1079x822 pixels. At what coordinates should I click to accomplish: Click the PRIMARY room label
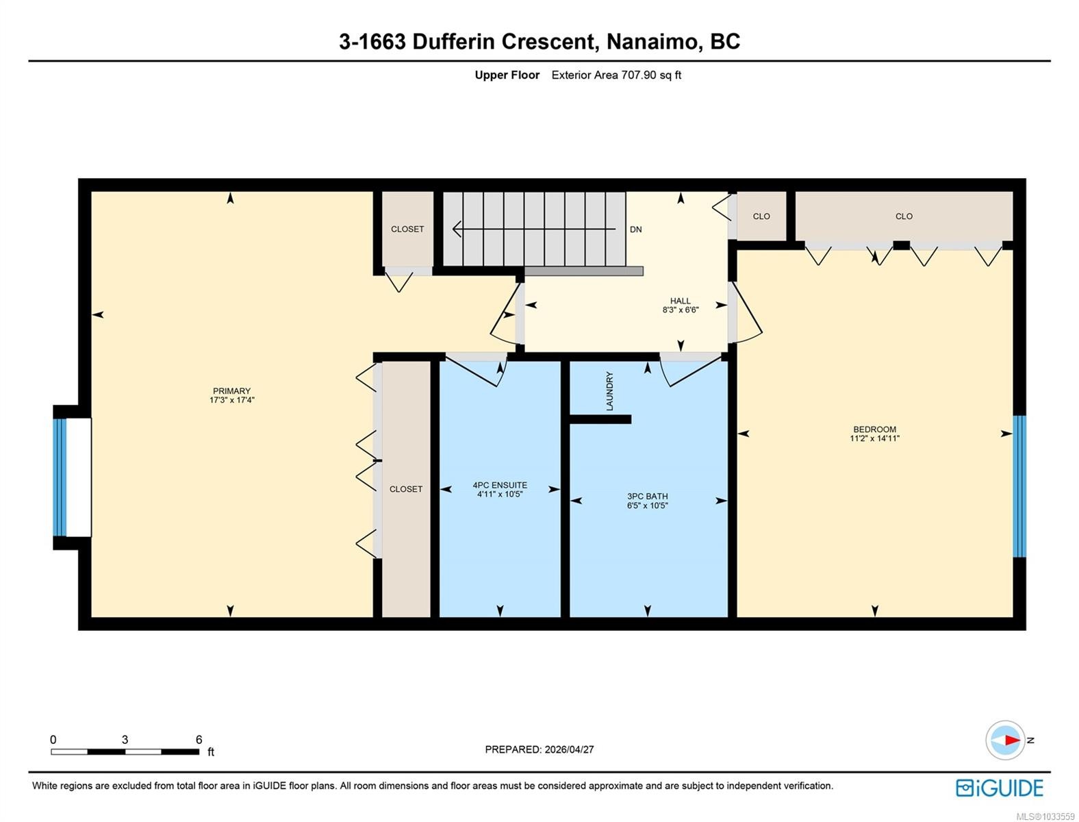click(x=231, y=391)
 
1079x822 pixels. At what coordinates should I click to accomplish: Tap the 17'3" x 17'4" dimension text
click(x=231, y=400)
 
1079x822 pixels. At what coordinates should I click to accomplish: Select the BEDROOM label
click(x=874, y=429)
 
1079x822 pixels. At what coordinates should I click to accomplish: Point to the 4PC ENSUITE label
click(x=500, y=485)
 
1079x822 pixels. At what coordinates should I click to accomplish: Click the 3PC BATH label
click(x=648, y=497)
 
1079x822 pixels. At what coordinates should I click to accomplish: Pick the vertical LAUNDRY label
click(x=609, y=391)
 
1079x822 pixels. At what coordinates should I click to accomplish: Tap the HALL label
click(x=681, y=301)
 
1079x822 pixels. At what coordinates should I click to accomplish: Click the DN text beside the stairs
click(x=635, y=229)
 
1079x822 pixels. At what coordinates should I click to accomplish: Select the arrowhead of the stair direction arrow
click(x=457, y=229)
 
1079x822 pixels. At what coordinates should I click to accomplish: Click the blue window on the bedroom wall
click(x=1019, y=486)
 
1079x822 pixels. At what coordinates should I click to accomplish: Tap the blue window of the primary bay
click(x=60, y=477)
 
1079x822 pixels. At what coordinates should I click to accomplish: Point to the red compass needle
click(x=1012, y=740)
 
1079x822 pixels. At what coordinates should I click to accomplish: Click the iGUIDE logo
click(x=1000, y=788)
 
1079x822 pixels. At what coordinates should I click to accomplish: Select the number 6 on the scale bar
click(x=199, y=739)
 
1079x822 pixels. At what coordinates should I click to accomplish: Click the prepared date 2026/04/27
click(x=569, y=749)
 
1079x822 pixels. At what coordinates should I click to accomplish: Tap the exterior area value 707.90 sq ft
click(x=651, y=75)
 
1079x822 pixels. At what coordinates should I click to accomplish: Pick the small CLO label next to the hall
click(x=761, y=216)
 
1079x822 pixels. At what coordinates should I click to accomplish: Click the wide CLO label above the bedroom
click(x=904, y=216)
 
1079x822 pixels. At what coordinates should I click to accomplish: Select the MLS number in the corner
click(x=1045, y=817)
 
